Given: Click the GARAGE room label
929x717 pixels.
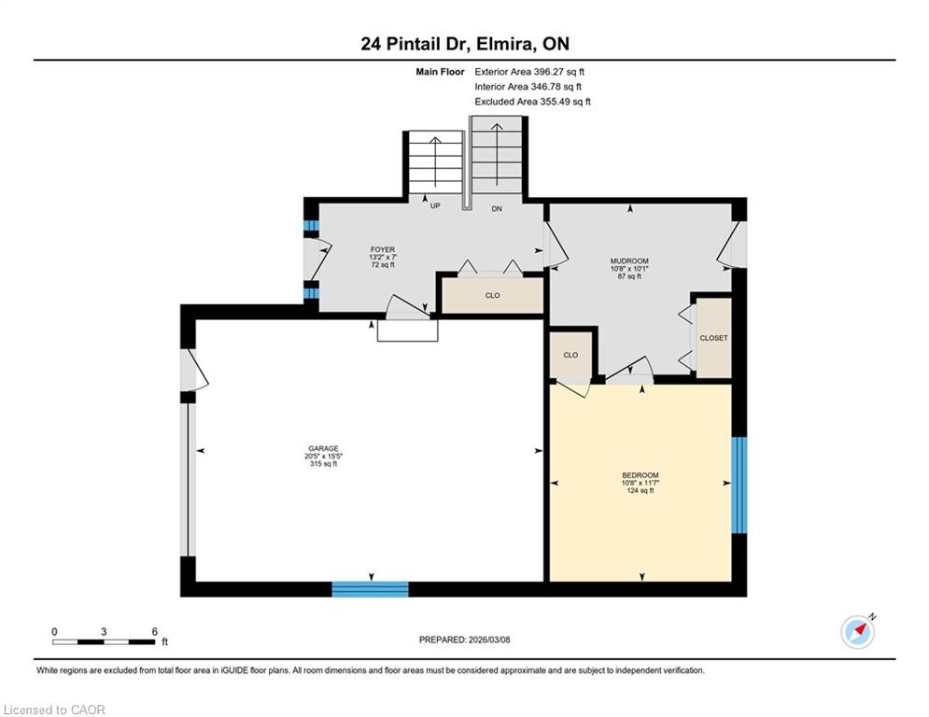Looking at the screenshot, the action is pos(323,448).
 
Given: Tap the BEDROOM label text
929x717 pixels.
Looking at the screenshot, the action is pos(640,475).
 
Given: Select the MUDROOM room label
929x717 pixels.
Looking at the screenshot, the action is pos(629,260).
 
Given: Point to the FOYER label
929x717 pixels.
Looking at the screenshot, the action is pos(383,249).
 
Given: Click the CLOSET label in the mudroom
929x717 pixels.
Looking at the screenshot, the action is pos(713,338).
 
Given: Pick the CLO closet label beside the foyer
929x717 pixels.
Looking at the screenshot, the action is pos(492,295).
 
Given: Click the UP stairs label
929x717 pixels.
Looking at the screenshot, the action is pos(435,206).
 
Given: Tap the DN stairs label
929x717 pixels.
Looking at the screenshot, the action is pos(497,208).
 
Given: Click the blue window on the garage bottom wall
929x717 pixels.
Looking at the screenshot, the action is pos(371,589).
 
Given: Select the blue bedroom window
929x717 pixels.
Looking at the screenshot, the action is pos(739,485).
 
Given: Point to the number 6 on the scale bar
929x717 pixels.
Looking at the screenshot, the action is pos(155,632).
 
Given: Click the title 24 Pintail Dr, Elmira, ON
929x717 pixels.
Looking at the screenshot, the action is pos(465,44).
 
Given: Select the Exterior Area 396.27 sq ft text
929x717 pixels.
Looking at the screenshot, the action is pos(529,72).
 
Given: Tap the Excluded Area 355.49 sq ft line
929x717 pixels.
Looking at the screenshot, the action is pos(532,102).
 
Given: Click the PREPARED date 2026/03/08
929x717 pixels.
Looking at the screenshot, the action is pos(465,640).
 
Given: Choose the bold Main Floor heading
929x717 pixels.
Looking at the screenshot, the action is pos(440,72).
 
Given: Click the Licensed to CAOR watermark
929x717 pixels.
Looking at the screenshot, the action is pos(54,710).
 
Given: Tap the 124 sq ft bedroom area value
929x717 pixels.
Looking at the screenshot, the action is pos(640,491).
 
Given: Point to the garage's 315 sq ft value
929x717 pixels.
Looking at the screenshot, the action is pos(323,464).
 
